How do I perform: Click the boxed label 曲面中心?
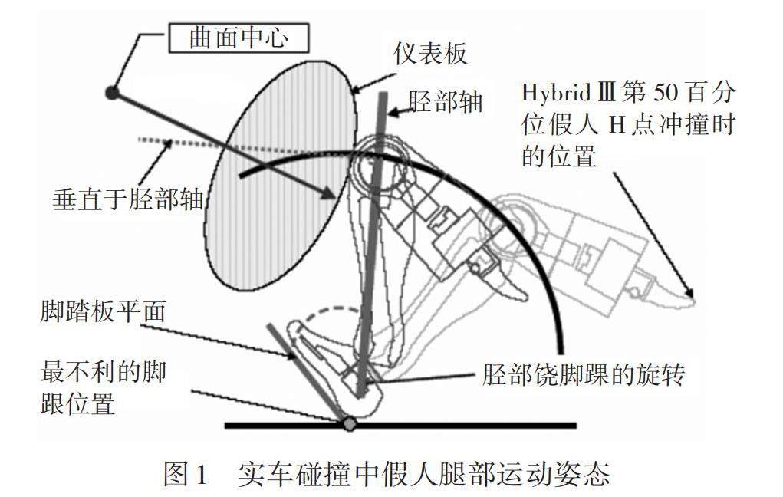point(239,38)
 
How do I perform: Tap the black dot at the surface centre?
point(112,94)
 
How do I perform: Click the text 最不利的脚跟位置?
point(103,387)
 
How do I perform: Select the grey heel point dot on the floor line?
point(350,423)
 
